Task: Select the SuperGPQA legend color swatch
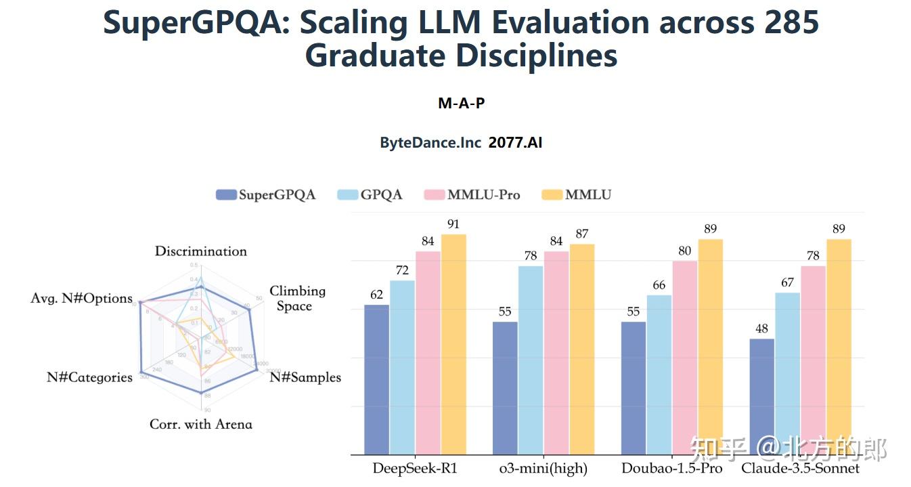click(x=225, y=195)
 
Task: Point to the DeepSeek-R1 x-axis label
click(x=414, y=469)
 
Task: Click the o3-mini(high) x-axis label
click(x=543, y=469)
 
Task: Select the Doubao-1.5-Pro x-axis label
click(x=672, y=469)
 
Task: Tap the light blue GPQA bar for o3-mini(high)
click(x=531, y=360)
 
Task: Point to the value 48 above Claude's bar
click(x=762, y=329)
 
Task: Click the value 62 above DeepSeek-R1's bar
click(x=376, y=295)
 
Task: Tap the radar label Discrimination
click(x=201, y=251)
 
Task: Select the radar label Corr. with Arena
click(x=201, y=425)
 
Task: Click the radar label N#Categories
click(x=89, y=377)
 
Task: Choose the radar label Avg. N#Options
click(x=82, y=299)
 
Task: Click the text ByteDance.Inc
click(x=430, y=143)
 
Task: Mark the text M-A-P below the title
click(x=462, y=104)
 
